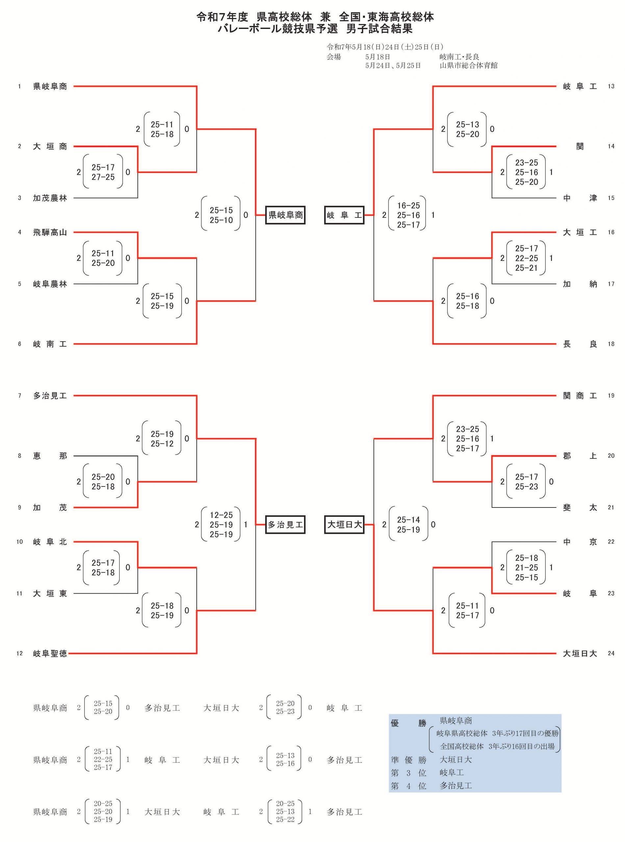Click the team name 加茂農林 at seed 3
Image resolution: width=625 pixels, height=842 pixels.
(x=50, y=198)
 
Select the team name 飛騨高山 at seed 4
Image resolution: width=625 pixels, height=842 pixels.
(x=50, y=232)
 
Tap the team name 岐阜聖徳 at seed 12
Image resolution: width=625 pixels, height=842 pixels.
(x=50, y=653)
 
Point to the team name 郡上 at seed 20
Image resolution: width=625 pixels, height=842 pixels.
(x=580, y=456)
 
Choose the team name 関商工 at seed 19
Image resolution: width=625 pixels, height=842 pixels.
(x=580, y=396)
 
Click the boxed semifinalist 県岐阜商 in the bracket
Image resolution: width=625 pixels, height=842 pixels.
(x=285, y=215)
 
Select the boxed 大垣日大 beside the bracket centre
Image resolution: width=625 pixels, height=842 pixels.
(x=344, y=525)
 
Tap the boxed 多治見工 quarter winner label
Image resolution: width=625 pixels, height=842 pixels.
(x=285, y=525)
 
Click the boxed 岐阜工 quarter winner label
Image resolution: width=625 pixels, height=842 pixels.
(x=344, y=215)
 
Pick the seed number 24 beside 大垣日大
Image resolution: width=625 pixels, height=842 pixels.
(x=611, y=653)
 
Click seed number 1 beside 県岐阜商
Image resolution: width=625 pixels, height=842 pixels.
(x=19, y=86)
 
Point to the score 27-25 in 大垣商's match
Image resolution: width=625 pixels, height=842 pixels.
(x=103, y=177)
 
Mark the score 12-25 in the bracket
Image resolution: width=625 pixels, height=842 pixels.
(x=221, y=515)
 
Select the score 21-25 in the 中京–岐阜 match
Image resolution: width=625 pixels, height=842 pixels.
(x=527, y=567)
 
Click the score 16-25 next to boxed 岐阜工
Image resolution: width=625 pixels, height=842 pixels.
(x=409, y=205)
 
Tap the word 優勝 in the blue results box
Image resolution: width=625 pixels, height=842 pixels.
(x=409, y=723)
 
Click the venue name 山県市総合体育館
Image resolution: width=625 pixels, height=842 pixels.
(x=468, y=65)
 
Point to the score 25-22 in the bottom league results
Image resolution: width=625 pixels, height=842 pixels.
(x=285, y=819)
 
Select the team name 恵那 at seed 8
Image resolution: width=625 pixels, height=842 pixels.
(x=50, y=456)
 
